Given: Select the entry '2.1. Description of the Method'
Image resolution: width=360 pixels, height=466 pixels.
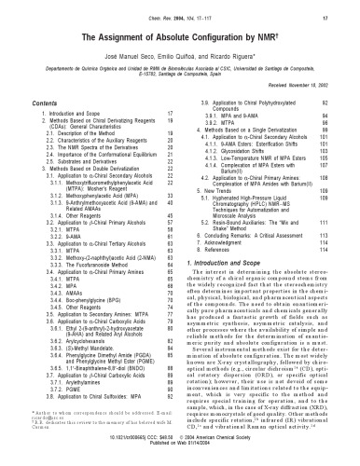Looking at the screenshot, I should (76, 160).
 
